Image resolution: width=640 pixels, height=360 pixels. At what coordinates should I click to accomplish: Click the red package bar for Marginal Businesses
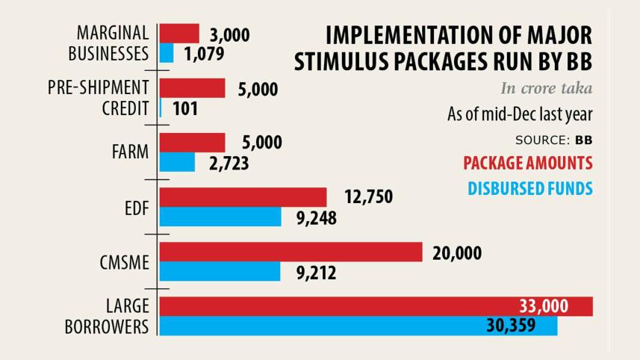179,34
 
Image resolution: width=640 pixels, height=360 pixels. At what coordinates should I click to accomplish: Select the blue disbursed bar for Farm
178,162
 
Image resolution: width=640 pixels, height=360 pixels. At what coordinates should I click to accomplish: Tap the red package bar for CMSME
291,252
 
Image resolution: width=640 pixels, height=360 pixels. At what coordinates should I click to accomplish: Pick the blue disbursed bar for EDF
220,217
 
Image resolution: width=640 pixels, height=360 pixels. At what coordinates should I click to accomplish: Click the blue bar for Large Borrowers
358,326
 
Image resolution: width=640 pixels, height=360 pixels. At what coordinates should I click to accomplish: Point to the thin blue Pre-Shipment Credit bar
161,108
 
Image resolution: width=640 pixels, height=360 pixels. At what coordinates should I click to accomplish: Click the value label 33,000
544,306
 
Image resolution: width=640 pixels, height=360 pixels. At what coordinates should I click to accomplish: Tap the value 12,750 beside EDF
368,197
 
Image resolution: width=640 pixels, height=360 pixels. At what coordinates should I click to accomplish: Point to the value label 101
185,109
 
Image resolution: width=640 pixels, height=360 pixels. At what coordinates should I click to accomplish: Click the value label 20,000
457,253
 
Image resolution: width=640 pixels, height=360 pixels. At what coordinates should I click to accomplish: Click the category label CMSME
124,261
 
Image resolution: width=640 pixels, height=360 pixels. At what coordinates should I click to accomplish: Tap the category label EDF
137,207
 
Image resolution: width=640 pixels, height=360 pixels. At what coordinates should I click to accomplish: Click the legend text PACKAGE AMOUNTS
527,163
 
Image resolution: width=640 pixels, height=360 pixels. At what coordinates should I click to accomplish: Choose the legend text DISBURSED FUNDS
529,187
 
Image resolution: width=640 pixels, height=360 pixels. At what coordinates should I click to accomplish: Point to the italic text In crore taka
546,89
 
